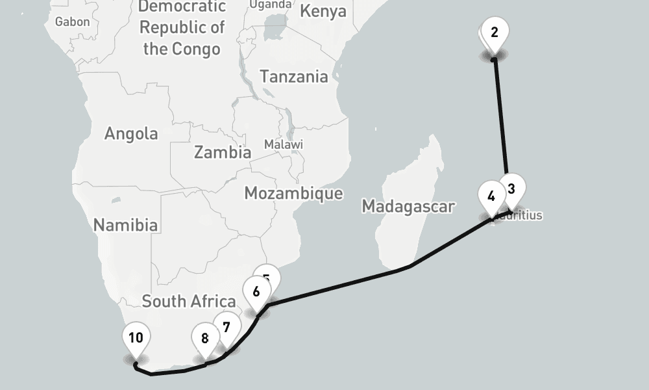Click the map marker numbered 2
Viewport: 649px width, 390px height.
pos(495,32)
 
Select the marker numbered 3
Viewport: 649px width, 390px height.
pos(511,190)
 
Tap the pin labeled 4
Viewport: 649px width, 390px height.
pos(491,196)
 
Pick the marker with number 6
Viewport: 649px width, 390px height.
pos(256,291)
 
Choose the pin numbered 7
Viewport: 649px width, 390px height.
pos(226,327)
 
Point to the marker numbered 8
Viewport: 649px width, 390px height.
pos(205,338)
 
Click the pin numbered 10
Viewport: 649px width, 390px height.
pos(136,337)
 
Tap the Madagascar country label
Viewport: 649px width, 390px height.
pos(408,207)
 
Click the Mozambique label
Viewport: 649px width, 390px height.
pos(293,193)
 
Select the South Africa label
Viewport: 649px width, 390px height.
pos(188,301)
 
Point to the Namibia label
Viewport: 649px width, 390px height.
pos(125,225)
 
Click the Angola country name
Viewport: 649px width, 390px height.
pos(131,133)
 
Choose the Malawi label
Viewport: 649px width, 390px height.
pos(283,144)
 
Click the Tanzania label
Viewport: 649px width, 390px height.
pos(294,77)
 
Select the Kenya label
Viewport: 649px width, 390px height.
pos(323,12)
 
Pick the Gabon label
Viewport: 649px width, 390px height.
pos(72,21)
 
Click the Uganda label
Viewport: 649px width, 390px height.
pos(270,5)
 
